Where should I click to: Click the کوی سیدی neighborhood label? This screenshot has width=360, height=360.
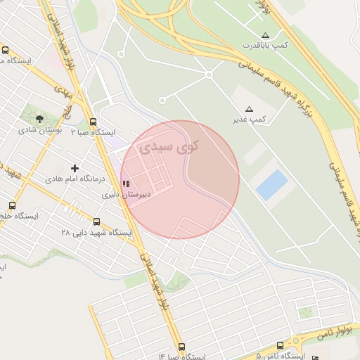(169, 147)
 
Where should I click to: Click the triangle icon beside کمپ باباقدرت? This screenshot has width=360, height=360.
(265, 34)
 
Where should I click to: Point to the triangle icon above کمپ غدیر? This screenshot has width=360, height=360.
(249, 109)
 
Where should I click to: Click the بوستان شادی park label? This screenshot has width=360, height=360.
(41, 130)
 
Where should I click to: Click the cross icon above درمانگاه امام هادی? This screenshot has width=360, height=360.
(75, 168)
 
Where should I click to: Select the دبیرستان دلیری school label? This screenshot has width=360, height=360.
(123, 194)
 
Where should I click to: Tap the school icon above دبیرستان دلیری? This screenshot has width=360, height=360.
(126, 184)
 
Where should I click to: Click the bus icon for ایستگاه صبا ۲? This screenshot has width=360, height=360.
(94, 121)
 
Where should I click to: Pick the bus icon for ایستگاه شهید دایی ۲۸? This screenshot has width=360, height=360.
(96, 221)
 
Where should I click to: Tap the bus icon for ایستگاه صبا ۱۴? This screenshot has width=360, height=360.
(182, 347)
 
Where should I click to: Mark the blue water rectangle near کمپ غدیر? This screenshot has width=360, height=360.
(272, 184)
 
